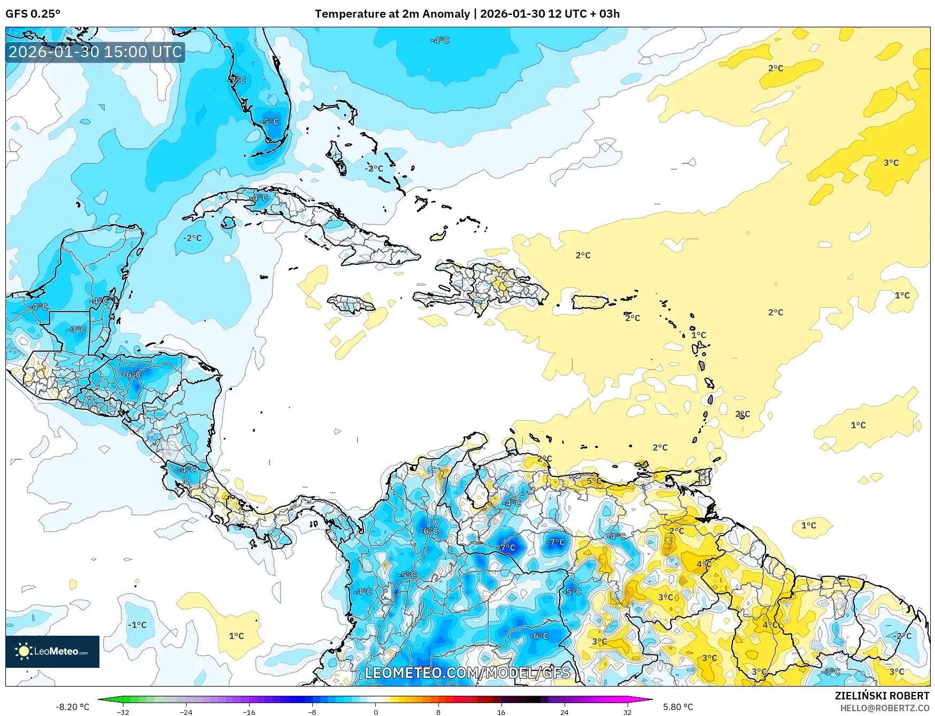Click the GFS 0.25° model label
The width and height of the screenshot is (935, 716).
point(33,14)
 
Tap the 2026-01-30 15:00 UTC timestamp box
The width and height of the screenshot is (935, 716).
point(95,52)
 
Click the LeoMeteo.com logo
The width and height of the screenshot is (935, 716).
point(52,651)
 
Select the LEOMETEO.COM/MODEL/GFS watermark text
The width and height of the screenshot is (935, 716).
point(467,673)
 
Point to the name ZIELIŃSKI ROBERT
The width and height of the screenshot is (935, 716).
point(882,696)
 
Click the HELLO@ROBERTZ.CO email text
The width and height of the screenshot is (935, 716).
point(884,708)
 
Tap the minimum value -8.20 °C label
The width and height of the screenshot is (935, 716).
point(72,707)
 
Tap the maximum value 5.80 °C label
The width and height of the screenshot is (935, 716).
point(678,707)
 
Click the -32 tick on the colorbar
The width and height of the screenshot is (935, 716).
point(123,712)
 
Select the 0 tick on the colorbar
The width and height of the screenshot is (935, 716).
point(375,712)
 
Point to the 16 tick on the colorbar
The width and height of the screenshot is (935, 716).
point(501,712)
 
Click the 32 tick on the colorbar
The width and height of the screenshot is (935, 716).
point(627,712)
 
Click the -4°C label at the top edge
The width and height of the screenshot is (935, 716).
point(440,40)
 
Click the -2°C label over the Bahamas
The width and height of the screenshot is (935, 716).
point(374,168)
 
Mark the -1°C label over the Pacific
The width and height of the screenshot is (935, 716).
point(137,624)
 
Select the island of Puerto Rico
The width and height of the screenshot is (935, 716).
point(590,302)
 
